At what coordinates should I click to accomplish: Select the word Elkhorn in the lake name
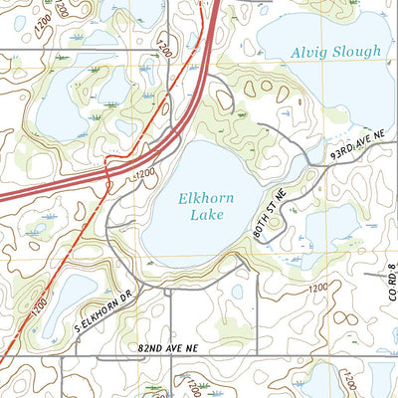click(x=207, y=199)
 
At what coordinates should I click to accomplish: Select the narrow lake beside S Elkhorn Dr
click(x=62, y=298)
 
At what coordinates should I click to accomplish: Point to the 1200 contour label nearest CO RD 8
click(x=317, y=288)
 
